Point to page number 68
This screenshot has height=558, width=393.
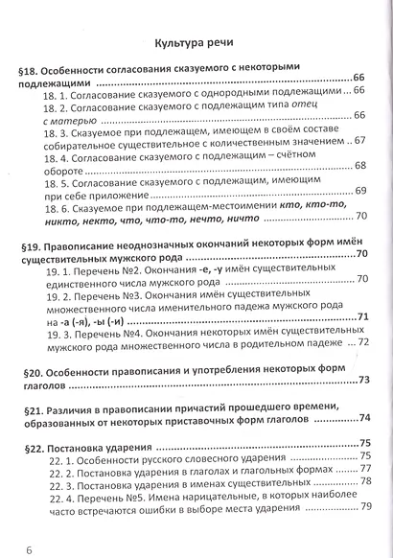[x=360, y=166]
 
